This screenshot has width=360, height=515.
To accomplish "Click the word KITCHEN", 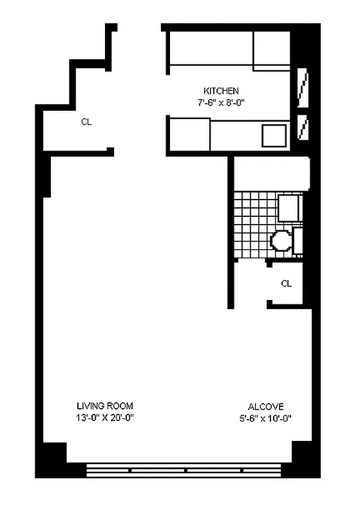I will click(221, 91).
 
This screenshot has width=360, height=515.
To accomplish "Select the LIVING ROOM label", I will click(105, 406).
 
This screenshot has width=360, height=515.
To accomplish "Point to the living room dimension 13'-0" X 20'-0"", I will click(105, 417).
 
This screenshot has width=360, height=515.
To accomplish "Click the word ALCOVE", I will click(265, 406).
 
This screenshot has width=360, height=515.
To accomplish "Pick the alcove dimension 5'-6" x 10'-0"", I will click(265, 417).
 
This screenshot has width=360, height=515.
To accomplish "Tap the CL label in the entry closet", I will click(86, 122).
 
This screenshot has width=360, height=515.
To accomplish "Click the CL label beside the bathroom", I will click(286, 283).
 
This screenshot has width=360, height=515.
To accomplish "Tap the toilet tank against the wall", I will click(298, 240).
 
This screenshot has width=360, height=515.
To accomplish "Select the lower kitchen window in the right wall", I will click(302, 127).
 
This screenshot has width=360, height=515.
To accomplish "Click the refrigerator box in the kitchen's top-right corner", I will click(271, 49).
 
